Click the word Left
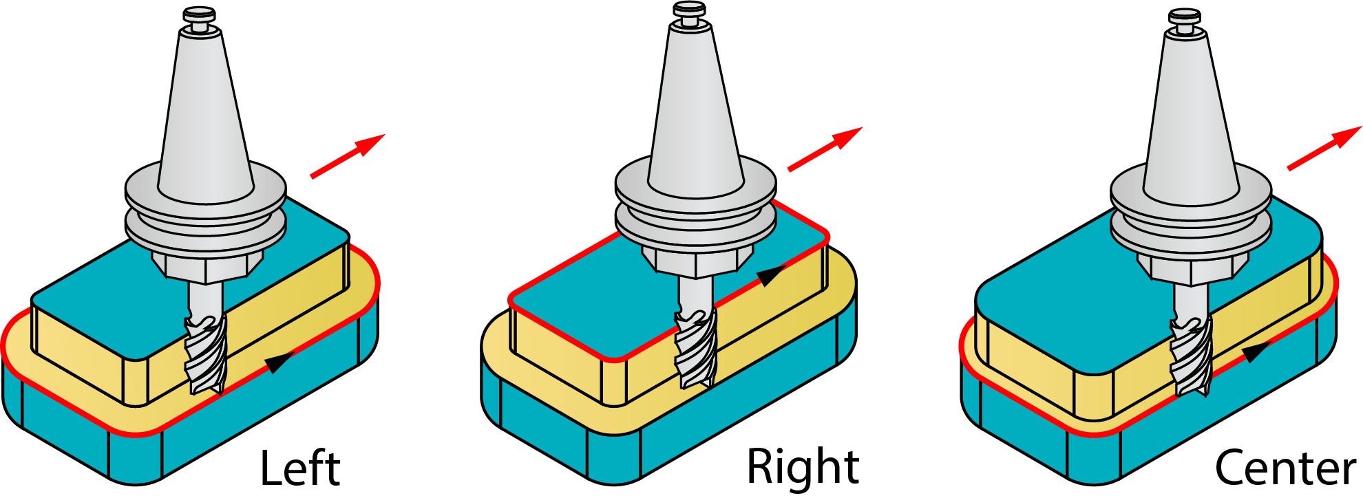tap(300, 469)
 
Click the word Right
tap(803, 468)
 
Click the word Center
tap(1285, 469)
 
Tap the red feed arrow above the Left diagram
tap(348, 156)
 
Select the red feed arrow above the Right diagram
tap(825, 149)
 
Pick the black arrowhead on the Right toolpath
tap(771, 275)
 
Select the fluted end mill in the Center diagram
tap(1192, 358)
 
